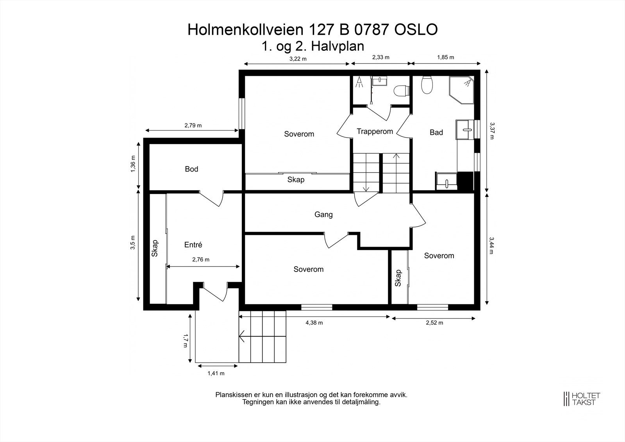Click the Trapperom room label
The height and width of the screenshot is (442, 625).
(x=375, y=132)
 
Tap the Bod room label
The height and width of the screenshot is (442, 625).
(x=191, y=169)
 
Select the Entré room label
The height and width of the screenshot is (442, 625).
(x=193, y=245)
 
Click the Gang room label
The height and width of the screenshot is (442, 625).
(x=323, y=215)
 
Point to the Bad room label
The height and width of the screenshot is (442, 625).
(x=436, y=132)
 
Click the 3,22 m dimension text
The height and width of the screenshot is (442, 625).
(x=298, y=59)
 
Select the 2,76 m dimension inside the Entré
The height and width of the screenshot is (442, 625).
(x=201, y=259)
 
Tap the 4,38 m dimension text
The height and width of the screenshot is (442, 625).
(x=314, y=323)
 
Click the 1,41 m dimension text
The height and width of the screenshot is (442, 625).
(x=216, y=373)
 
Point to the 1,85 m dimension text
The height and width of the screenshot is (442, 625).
(x=445, y=57)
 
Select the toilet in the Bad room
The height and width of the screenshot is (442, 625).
(x=427, y=84)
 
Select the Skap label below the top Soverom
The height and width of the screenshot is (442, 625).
(x=296, y=180)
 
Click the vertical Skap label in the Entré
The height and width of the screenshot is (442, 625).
(x=155, y=248)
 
